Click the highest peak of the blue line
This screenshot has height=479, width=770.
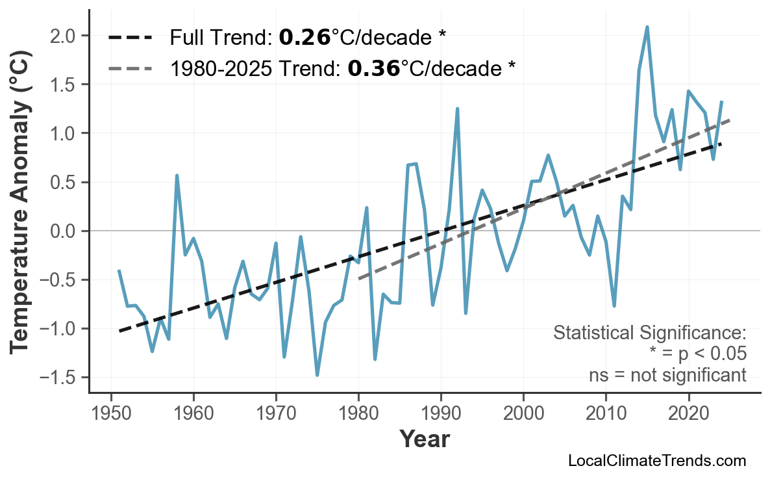647,27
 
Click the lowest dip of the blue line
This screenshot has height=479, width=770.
317,375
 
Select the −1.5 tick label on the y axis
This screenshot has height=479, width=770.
59,378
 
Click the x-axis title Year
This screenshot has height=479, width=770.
424,439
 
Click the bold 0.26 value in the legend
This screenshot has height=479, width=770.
304,38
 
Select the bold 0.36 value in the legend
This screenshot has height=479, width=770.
373,68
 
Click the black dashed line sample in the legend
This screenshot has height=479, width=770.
130,38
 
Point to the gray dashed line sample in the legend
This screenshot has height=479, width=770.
130,68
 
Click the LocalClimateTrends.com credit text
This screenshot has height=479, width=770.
656,461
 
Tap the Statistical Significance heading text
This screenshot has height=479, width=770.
649,333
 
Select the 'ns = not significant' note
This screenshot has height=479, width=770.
667,375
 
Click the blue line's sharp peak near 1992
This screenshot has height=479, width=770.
457,109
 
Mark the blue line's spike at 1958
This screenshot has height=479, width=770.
177,175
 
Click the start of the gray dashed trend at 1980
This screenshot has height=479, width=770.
359,279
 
